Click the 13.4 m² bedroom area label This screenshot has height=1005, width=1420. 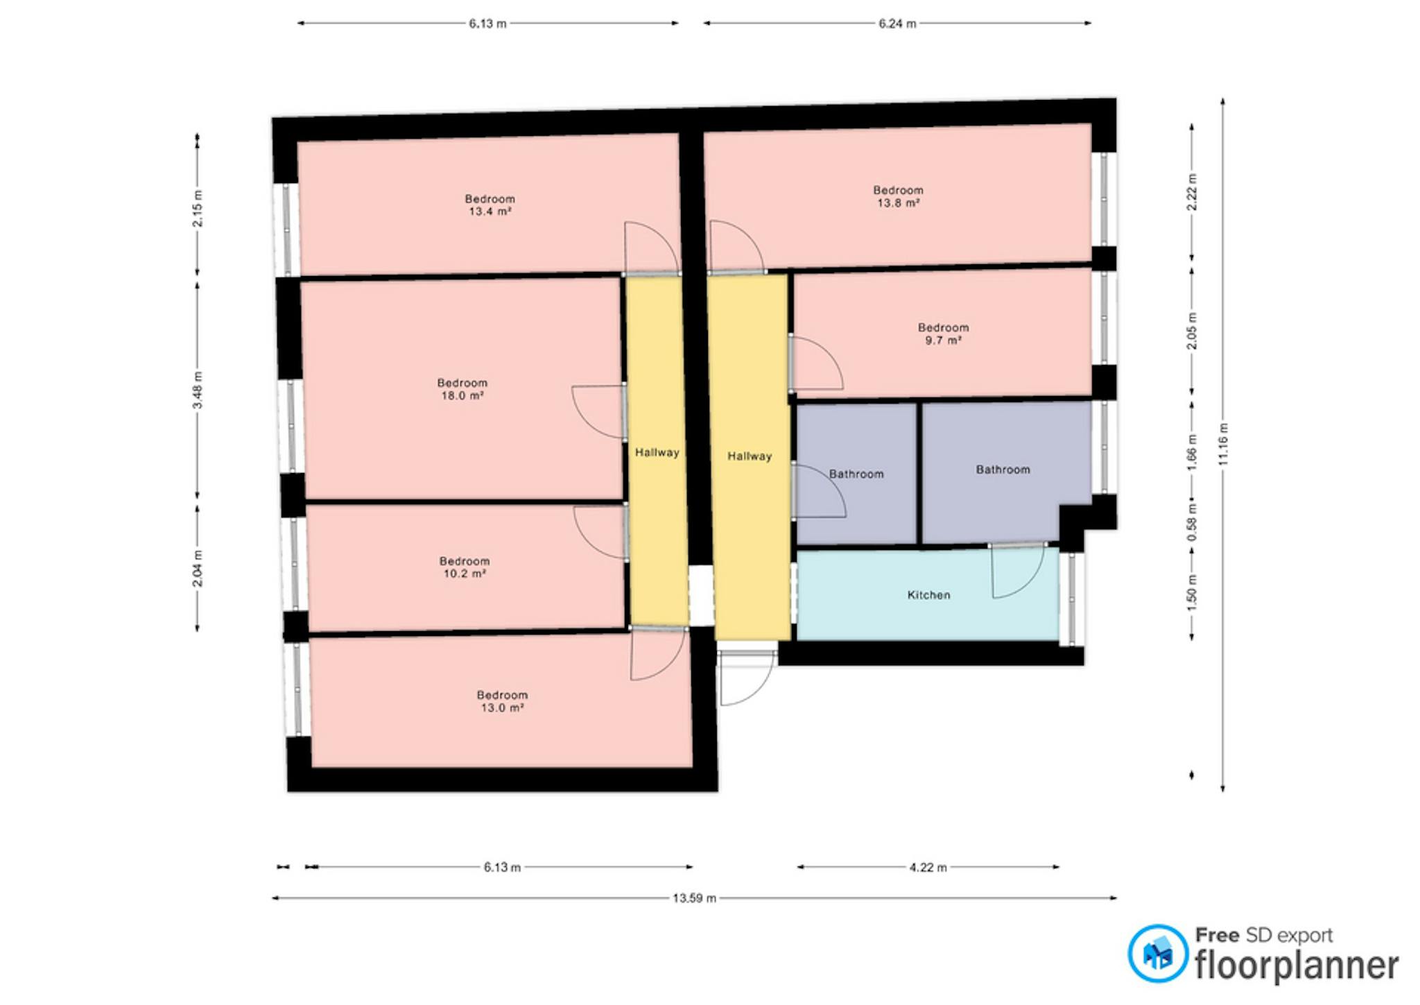click(490, 205)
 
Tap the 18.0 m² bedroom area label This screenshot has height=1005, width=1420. click(462, 389)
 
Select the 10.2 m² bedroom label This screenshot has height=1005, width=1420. click(465, 567)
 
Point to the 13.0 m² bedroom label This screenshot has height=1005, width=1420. click(502, 701)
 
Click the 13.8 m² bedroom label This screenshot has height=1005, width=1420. click(898, 196)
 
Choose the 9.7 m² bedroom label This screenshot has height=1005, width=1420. click(944, 334)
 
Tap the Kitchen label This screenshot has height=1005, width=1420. click(928, 595)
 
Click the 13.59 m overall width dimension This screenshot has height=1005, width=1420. click(694, 898)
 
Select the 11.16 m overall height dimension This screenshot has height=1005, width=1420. click(1223, 445)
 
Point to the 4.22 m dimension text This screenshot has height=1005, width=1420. click(928, 867)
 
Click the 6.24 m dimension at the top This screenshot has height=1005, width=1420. click(897, 24)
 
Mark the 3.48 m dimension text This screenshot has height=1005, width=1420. click(198, 390)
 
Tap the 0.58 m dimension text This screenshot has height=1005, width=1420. click(1192, 522)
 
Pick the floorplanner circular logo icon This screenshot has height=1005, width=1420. click(1157, 954)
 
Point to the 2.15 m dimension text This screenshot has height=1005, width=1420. click(198, 208)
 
